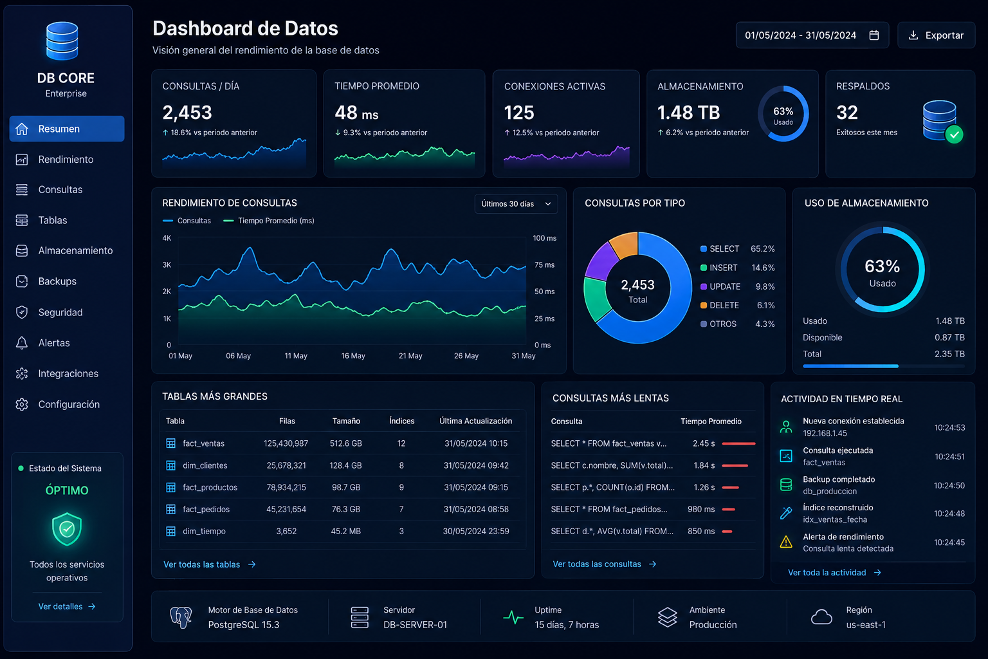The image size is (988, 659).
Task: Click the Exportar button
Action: pyautogui.click(x=936, y=35)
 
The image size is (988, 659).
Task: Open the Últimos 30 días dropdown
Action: pyautogui.click(x=516, y=204)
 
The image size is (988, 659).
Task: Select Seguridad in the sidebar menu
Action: pyautogui.click(x=60, y=313)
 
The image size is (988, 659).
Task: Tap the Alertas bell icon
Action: pyautogui.click(x=22, y=343)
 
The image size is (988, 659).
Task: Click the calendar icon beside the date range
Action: pyautogui.click(x=874, y=35)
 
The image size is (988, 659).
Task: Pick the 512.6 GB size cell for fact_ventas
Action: pyautogui.click(x=346, y=443)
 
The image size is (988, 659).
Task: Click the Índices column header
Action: pyautogui.click(x=402, y=421)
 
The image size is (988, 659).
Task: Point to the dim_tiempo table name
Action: pyautogui.click(x=204, y=531)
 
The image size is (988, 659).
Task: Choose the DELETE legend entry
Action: pyautogui.click(x=724, y=306)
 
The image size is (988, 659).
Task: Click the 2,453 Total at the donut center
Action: pyautogui.click(x=638, y=291)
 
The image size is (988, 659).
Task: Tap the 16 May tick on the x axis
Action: pyautogui.click(x=353, y=356)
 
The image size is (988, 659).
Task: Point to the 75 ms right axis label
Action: pyautogui.click(x=545, y=265)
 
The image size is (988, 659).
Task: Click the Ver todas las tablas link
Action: pyautogui.click(x=210, y=564)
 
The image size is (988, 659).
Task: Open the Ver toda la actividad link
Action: pyautogui.click(x=834, y=573)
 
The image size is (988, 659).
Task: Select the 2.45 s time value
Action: pyautogui.click(x=704, y=443)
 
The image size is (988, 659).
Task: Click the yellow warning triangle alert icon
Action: pyautogui.click(x=786, y=542)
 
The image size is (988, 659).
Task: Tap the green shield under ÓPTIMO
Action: pyautogui.click(x=67, y=529)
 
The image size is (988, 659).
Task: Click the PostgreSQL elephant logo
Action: pyautogui.click(x=181, y=617)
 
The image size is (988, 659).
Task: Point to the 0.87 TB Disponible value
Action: pyautogui.click(x=949, y=338)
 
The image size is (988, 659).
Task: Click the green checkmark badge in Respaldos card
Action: pyautogui.click(x=954, y=135)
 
